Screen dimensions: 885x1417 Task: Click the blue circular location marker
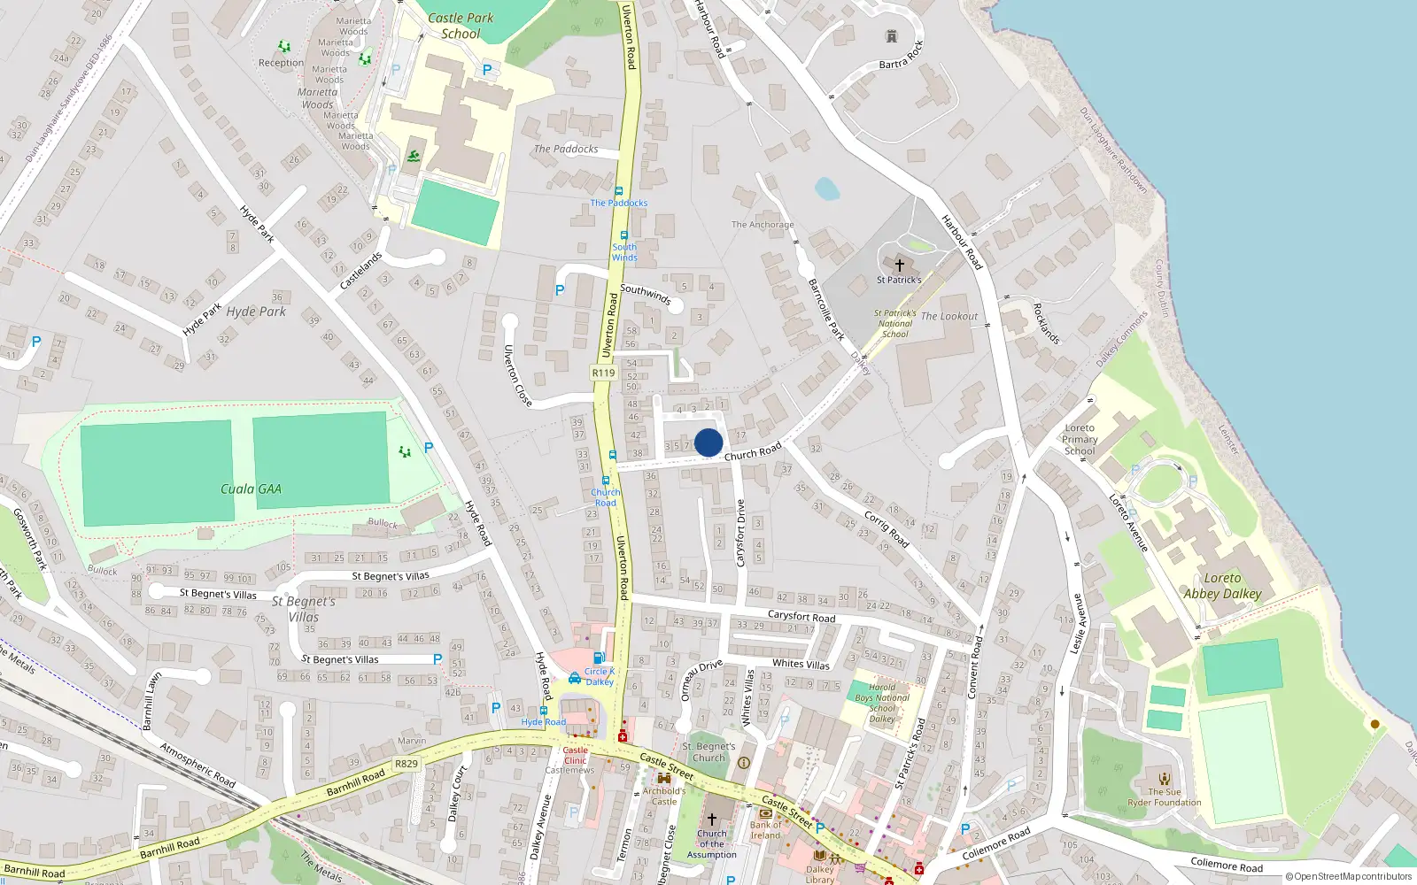pyautogui.click(x=708, y=442)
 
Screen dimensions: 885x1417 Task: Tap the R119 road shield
pyautogui.click(x=603, y=373)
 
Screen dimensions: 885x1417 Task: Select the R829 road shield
pyautogui.click(x=407, y=764)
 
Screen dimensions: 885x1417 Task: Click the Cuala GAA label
pyautogui.click(x=251, y=489)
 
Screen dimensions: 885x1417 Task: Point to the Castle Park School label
pyautogui.click(x=461, y=26)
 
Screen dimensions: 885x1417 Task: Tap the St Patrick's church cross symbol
pyautogui.click(x=899, y=265)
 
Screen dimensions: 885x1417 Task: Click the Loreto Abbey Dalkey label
pyautogui.click(x=1222, y=586)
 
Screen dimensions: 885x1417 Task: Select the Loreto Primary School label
pyautogui.click(x=1080, y=439)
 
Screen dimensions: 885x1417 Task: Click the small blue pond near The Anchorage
pyautogui.click(x=826, y=189)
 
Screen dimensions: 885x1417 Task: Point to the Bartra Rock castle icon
pyautogui.click(x=892, y=36)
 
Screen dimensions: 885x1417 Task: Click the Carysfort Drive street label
pyautogui.click(x=741, y=533)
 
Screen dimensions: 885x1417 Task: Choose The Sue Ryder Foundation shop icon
pyautogui.click(x=1165, y=779)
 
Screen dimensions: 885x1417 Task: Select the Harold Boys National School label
pyautogui.click(x=882, y=703)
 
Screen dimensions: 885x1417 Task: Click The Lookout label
pyautogui.click(x=949, y=316)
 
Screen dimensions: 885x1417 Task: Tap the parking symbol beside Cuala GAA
pyautogui.click(x=429, y=448)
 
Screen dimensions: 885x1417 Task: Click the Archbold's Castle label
pyautogui.click(x=664, y=796)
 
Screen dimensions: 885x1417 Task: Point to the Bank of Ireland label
pyautogui.click(x=766, y=830)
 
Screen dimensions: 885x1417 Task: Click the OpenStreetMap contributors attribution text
pyautogui.click(x=1349, y=876)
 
